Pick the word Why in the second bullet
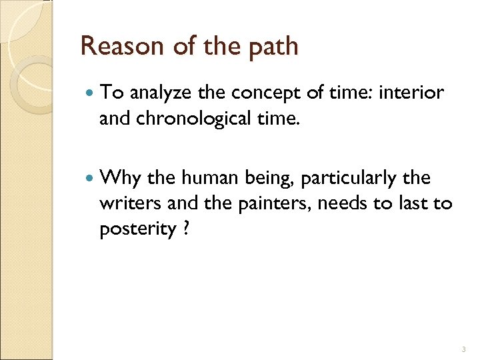coord(118,179)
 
